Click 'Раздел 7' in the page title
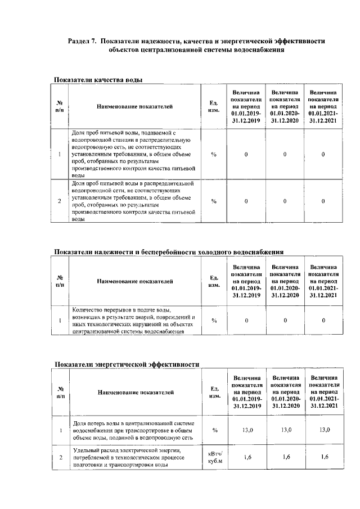click(x=82, y=41)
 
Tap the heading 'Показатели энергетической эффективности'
click(x=127, y=364)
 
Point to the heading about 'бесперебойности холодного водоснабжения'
click(x=168, y=251)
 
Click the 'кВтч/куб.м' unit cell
click(x=215, y=457)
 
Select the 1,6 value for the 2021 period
click(x=323, y=457)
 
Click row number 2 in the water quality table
click(x=60, y=201)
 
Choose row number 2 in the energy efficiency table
click(x=60, y=457)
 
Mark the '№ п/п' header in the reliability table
click(x=60, y=281)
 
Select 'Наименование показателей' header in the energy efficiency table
click(x=134, y=393)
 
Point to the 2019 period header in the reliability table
click(x=246, y=281)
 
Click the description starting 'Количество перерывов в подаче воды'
click(x=134, y=321)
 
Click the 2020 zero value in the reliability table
click(x=285, y=321)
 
